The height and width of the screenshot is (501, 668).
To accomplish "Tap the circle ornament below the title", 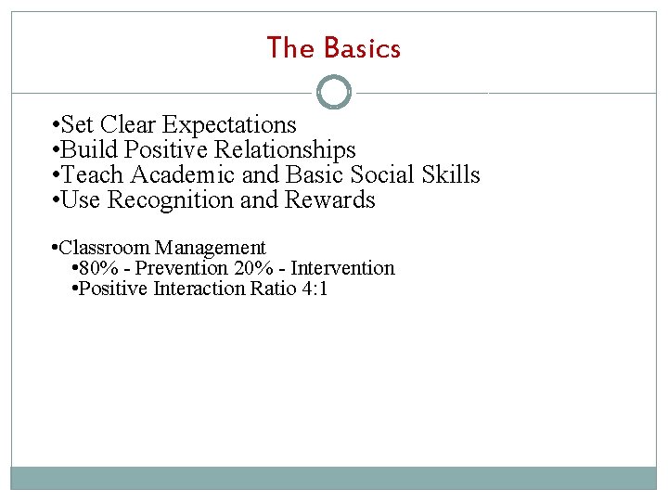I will [334, 93].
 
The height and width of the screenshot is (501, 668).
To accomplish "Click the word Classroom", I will [103, 248].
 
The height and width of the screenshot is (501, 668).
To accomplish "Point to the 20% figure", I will [256, 268].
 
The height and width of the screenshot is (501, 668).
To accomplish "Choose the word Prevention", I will [181, 268].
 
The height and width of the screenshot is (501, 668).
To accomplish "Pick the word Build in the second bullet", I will [89, 150].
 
